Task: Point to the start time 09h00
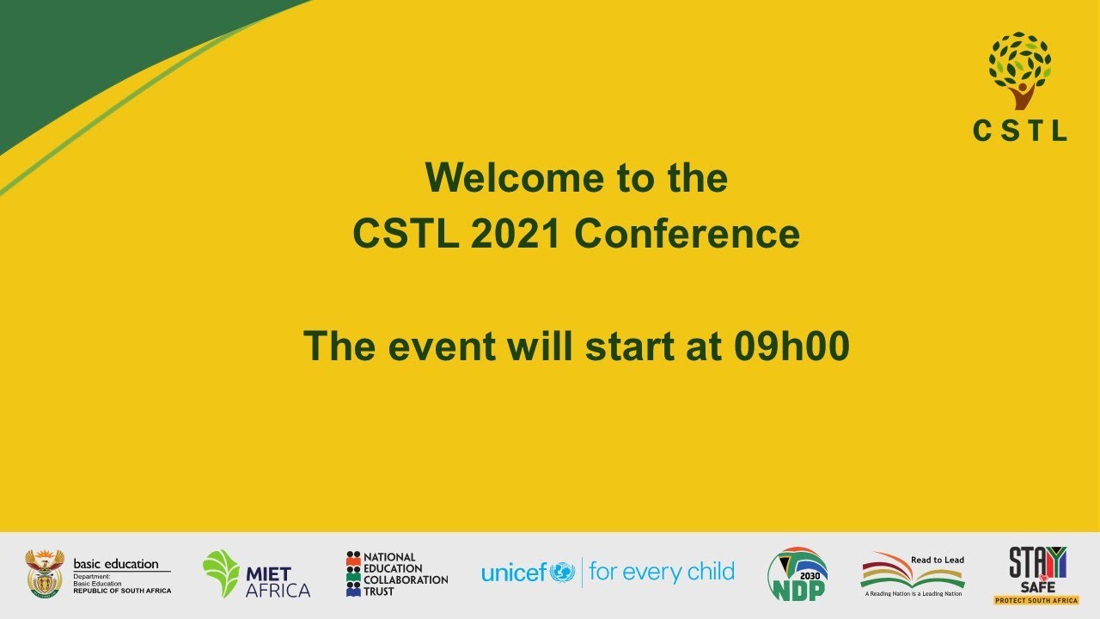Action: [791, 346]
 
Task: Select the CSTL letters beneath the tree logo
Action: [1019, 131]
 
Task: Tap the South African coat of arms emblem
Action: [45, 573]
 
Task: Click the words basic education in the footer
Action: [116, 564]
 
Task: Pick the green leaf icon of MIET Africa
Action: [221, 573]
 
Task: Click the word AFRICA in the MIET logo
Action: [278, 591]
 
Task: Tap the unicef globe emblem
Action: [562, 572]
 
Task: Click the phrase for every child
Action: [661, 572]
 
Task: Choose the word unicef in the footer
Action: [514, 573]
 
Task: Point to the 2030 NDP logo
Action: [797, 573]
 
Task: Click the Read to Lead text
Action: [937, 560]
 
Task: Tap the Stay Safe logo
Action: [1037, 569]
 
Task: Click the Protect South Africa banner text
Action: [1037, 599]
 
